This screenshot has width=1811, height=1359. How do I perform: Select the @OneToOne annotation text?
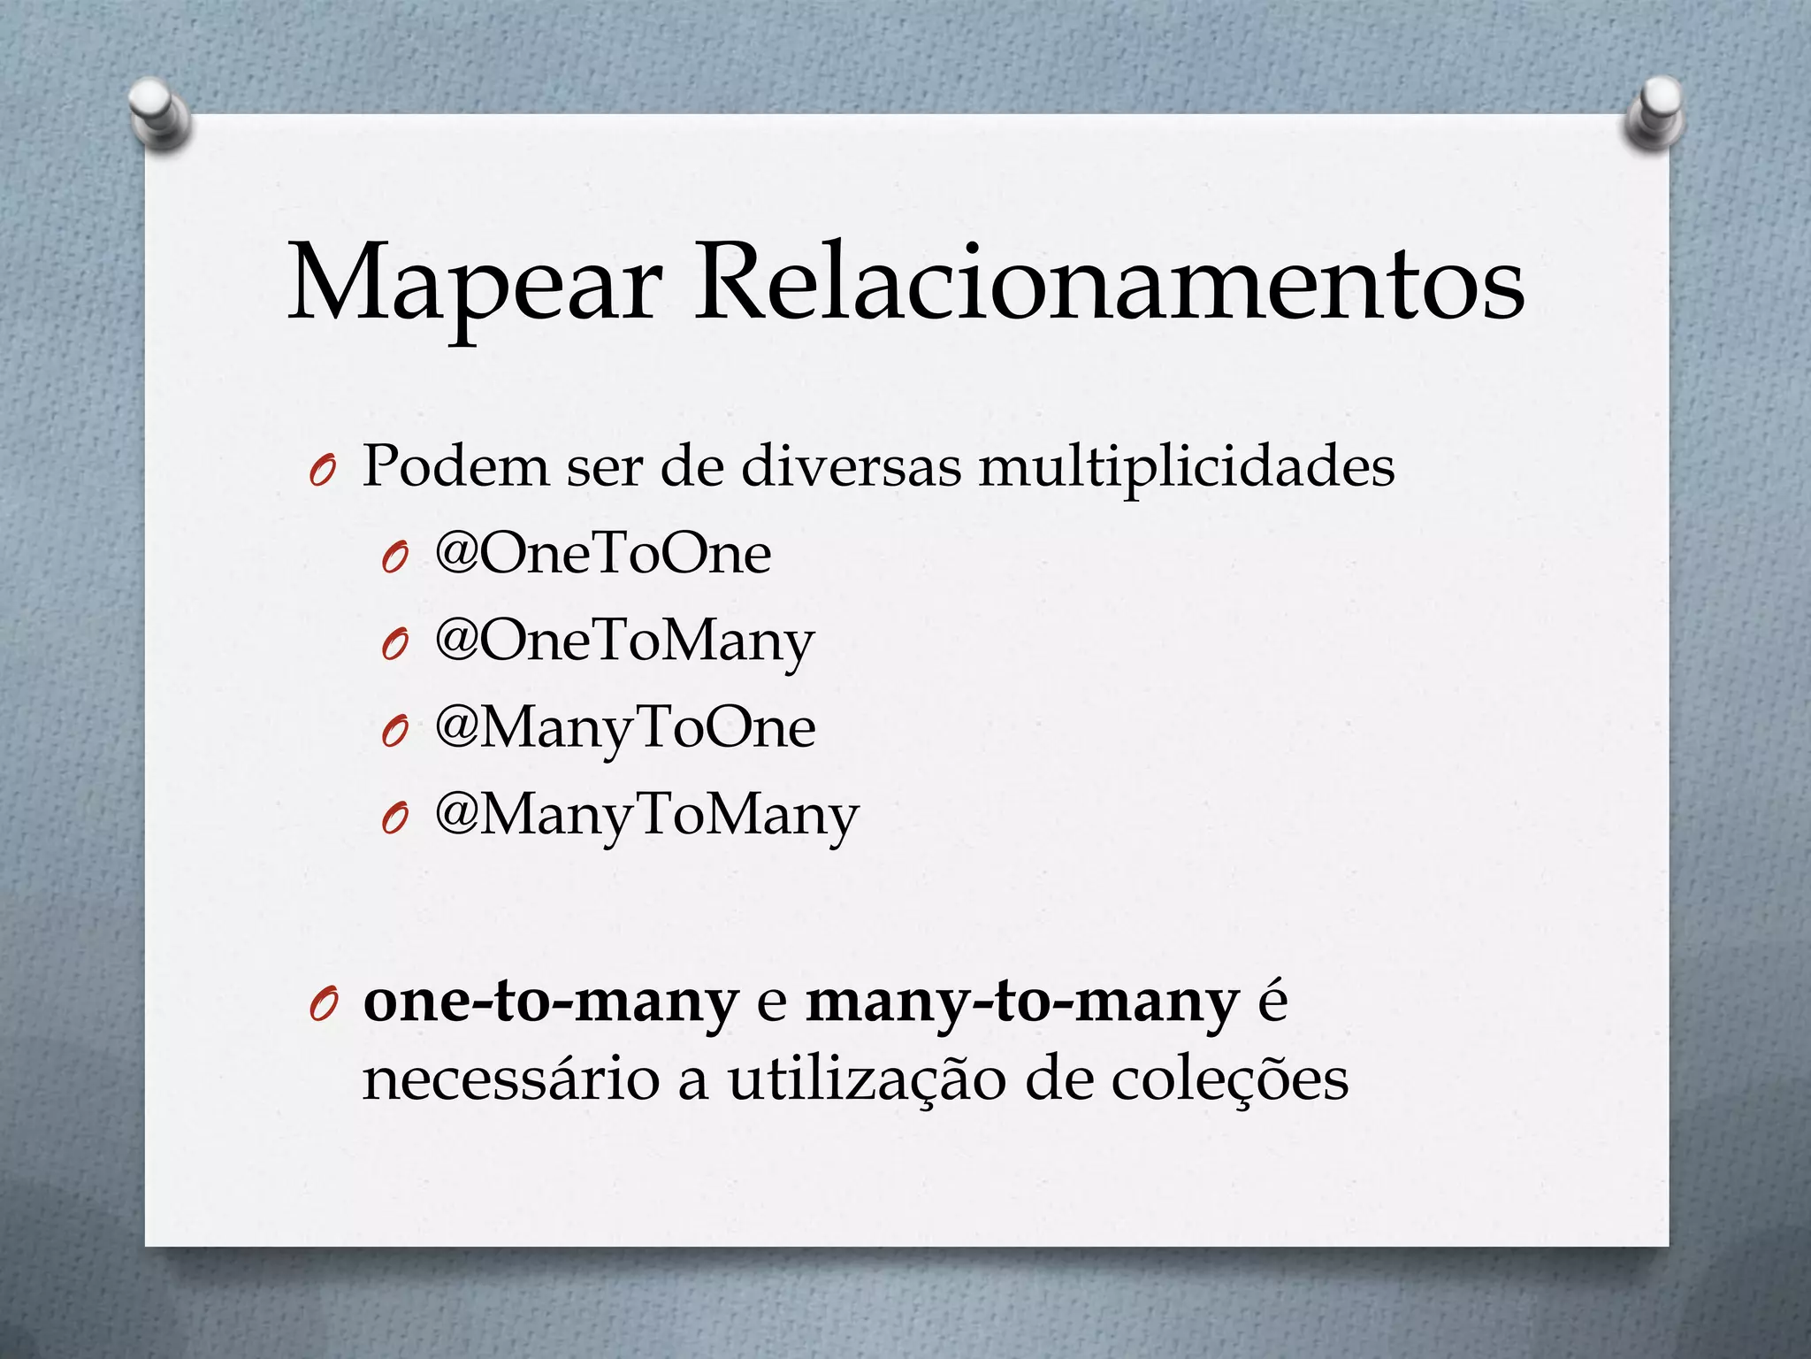[x=603, y=555]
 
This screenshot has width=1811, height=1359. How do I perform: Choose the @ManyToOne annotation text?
[x=625, y=729]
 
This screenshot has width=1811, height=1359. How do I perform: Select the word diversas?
[x=851, y=465]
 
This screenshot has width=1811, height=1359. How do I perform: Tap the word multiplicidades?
[x=1186, y=467]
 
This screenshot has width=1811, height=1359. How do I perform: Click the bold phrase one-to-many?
[x=550, y=1003]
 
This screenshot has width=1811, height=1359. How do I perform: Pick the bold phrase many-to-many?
[x=1022, y=1003]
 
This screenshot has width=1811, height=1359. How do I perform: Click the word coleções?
[x=1229, y=1081]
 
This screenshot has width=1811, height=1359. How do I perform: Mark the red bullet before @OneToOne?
[x=394, y=559]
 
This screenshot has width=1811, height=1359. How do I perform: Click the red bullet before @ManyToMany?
[x=394, y=821]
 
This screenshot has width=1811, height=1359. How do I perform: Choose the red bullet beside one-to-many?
[x=322, y=1009]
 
